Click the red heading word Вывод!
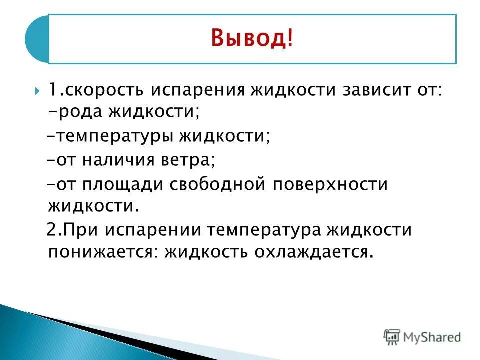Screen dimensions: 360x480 252,39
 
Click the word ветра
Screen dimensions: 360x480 191,161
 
